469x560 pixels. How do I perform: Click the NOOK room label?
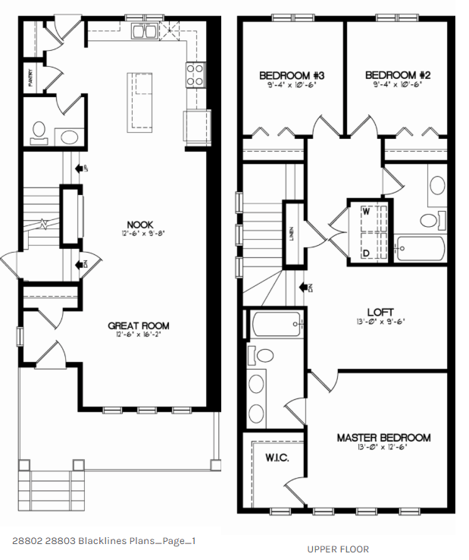(140, 225)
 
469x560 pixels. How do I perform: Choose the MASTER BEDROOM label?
(383, 438)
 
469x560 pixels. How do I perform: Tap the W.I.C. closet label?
(274, 459)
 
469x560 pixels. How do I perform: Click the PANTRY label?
(30, 80)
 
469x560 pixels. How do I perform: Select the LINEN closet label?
(292, 234)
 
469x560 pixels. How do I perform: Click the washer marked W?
(365, 212)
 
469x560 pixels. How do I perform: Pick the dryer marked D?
(365, 252)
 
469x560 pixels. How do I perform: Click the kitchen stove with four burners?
(195, 74)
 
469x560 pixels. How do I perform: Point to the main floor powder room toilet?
(38, 132)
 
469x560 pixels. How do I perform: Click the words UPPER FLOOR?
(338, 549)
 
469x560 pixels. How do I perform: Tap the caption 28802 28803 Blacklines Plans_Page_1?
(105, 541)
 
